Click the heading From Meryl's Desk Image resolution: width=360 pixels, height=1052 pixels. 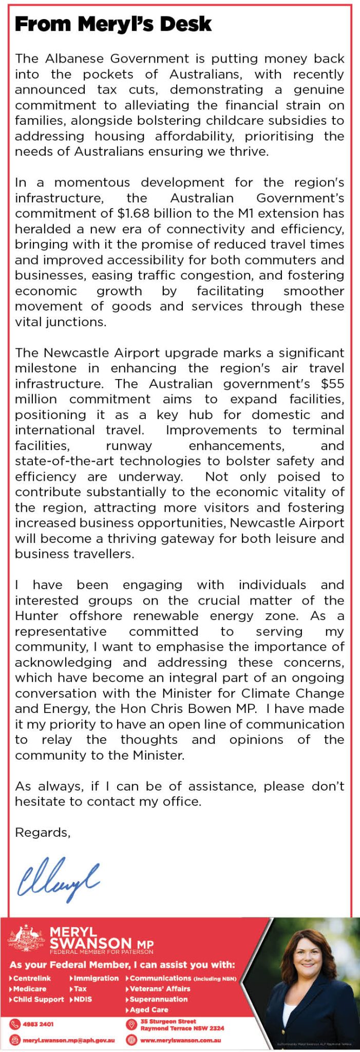(113, 24)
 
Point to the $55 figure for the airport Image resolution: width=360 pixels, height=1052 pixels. (332, 384)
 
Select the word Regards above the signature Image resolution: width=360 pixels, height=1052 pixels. (42, 832)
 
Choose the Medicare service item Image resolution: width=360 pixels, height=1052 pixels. (29, 988)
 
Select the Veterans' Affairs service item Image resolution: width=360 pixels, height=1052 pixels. (160, 988)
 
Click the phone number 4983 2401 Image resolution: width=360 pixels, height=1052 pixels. (38, 1024)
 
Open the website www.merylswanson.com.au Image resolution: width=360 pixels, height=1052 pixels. (180, 1040)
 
